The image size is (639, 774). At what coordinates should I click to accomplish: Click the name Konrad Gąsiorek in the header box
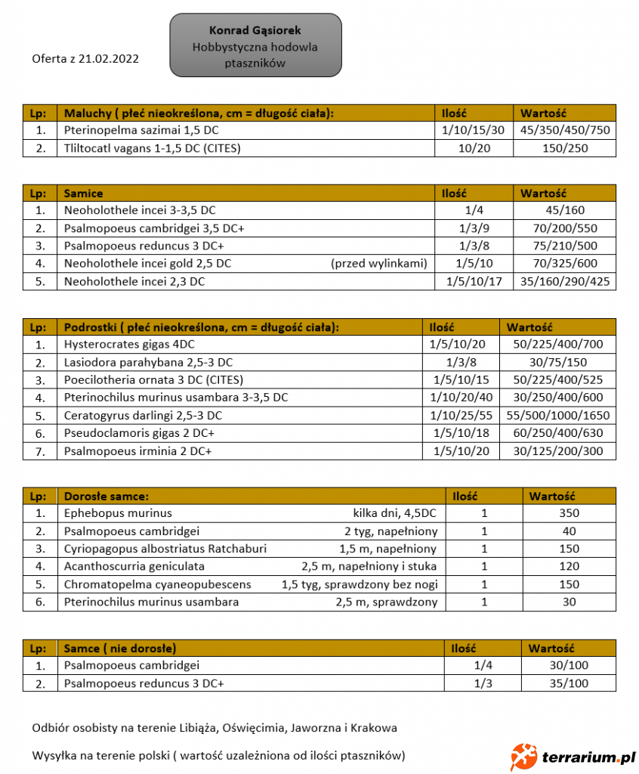tap(255, 30)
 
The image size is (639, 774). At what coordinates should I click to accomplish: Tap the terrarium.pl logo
tap(572, 755)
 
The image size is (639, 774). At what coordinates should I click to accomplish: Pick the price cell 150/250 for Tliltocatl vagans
tap(564, 148)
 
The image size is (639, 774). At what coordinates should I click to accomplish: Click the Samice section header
tap(84, 193)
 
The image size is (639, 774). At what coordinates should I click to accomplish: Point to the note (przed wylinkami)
tap(378, 263)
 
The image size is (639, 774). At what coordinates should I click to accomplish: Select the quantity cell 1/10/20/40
tap(461, 398)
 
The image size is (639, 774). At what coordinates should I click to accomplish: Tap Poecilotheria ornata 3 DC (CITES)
tap(153, 379)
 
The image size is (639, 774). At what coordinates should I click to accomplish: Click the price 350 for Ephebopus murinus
tap(569, 513)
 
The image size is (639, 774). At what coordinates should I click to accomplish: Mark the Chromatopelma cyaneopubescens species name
tap(157, 584)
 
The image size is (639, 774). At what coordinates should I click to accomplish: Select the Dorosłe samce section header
tap(106, 496)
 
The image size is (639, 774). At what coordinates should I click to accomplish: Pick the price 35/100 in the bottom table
tap(569, 683)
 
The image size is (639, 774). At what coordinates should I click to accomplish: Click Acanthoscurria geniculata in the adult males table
tap(134, 566)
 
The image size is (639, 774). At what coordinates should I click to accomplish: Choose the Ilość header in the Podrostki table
tap(442, 327)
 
